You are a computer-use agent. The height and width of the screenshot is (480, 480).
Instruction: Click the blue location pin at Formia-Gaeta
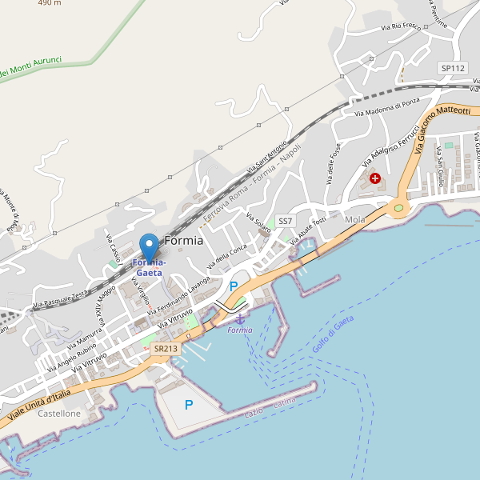(x=149, y=245)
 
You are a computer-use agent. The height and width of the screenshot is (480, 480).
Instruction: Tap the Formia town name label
(x=183, y=240)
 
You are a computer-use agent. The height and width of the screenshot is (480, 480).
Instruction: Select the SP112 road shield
(x=453, y=69)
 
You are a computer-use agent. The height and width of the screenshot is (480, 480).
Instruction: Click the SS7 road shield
(x=286, y=221)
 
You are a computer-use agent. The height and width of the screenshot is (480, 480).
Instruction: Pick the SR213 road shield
(x=166, y=349)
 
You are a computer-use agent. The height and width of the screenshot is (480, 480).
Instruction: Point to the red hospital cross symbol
(x=374, y=177)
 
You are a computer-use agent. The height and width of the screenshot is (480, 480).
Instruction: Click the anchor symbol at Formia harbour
(x=239, y=319)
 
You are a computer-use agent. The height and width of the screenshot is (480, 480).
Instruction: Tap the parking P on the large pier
(x=189, y=405)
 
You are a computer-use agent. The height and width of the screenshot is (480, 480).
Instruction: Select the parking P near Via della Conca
(x=234, y=286)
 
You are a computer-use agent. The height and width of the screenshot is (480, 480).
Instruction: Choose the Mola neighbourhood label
(x=354, y=219)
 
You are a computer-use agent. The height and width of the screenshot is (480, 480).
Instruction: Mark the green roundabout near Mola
(x=398, y=208)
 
